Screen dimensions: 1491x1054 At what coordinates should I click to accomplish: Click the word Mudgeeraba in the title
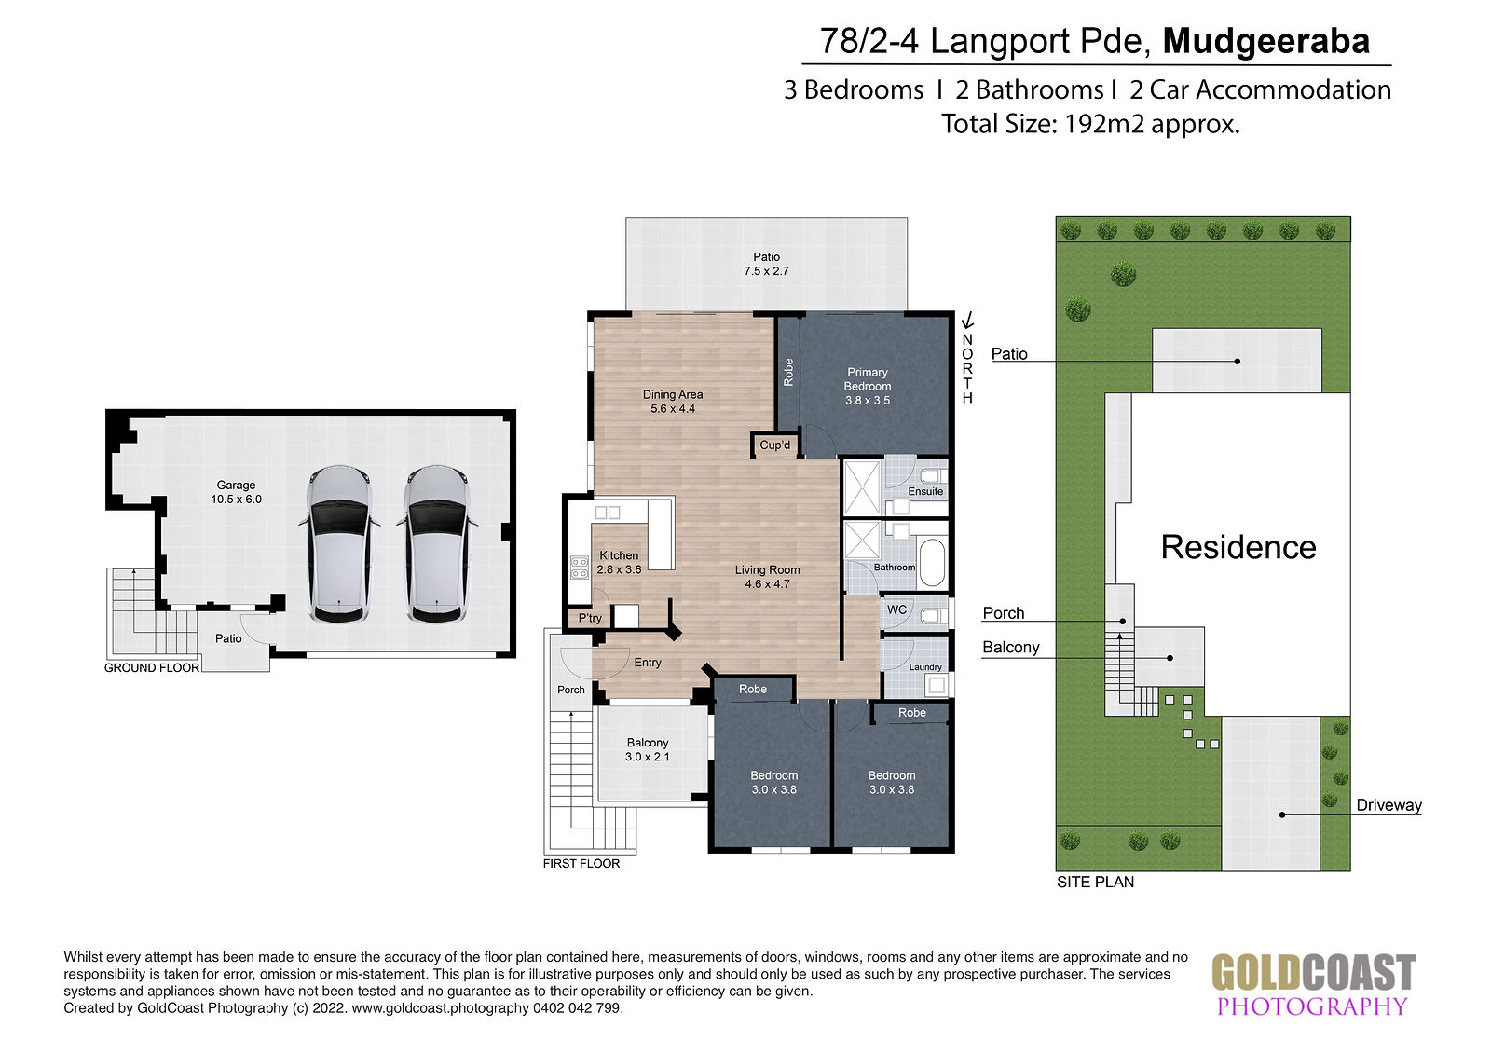1265,41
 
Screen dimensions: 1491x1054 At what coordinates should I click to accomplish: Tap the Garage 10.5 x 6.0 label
237,492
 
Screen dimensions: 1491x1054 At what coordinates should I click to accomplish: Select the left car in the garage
339,543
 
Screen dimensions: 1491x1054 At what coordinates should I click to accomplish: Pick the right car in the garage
437,543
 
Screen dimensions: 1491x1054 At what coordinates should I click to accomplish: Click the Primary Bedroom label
868,386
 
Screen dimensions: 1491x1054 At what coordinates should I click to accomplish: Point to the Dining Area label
672,402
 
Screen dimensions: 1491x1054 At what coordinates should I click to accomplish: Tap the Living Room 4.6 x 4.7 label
767,577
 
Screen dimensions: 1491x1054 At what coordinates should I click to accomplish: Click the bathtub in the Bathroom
932,563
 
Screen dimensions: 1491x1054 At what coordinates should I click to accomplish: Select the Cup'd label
774,445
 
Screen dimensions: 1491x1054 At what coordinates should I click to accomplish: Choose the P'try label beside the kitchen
590,618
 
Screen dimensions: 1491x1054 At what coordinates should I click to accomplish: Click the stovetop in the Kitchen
579,568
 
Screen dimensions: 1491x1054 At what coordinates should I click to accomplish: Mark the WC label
896,609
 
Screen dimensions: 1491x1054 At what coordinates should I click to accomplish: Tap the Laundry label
925,667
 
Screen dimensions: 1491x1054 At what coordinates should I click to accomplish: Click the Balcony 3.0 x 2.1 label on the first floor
647,749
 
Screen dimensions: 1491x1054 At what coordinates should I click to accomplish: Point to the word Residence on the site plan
1238,547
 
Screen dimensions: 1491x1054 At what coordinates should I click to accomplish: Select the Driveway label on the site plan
1388,805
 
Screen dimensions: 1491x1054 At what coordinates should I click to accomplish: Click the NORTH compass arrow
968,321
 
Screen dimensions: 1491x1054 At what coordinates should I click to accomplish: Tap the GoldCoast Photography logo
1313,983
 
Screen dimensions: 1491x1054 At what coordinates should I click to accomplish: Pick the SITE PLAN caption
1095,882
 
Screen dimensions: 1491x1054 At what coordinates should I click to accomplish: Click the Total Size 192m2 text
1090,124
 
